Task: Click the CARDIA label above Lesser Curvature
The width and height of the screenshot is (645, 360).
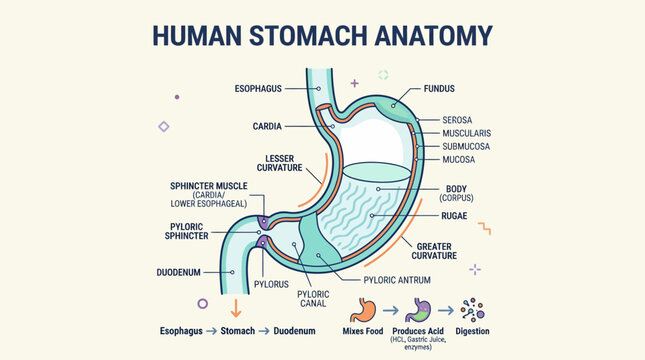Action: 267,126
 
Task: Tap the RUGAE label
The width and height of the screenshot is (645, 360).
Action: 458,215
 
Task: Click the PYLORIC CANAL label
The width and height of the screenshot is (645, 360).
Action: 314,299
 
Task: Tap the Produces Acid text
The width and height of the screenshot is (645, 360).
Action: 419,330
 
